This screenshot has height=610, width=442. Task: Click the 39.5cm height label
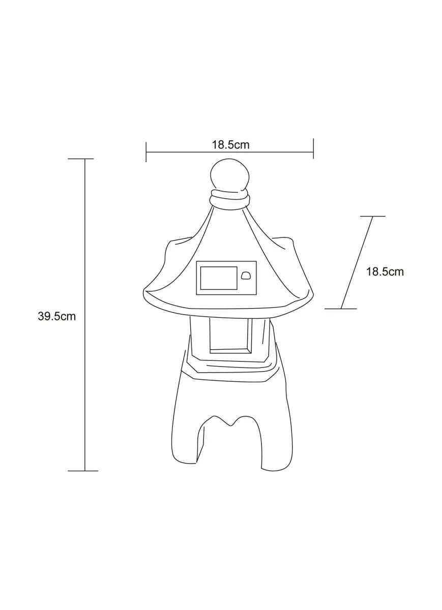56,316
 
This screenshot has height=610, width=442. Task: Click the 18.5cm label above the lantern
230,144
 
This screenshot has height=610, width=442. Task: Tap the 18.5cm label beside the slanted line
385,271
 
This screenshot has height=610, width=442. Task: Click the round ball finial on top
230,175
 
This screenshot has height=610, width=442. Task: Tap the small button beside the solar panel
246,276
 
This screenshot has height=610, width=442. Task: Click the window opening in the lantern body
229,333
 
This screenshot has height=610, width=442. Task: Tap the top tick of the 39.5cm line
81,159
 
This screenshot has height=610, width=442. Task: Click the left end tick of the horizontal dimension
146,151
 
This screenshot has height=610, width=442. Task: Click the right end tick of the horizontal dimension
313,148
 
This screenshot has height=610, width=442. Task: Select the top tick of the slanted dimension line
372,217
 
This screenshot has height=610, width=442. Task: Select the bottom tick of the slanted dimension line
341,309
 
